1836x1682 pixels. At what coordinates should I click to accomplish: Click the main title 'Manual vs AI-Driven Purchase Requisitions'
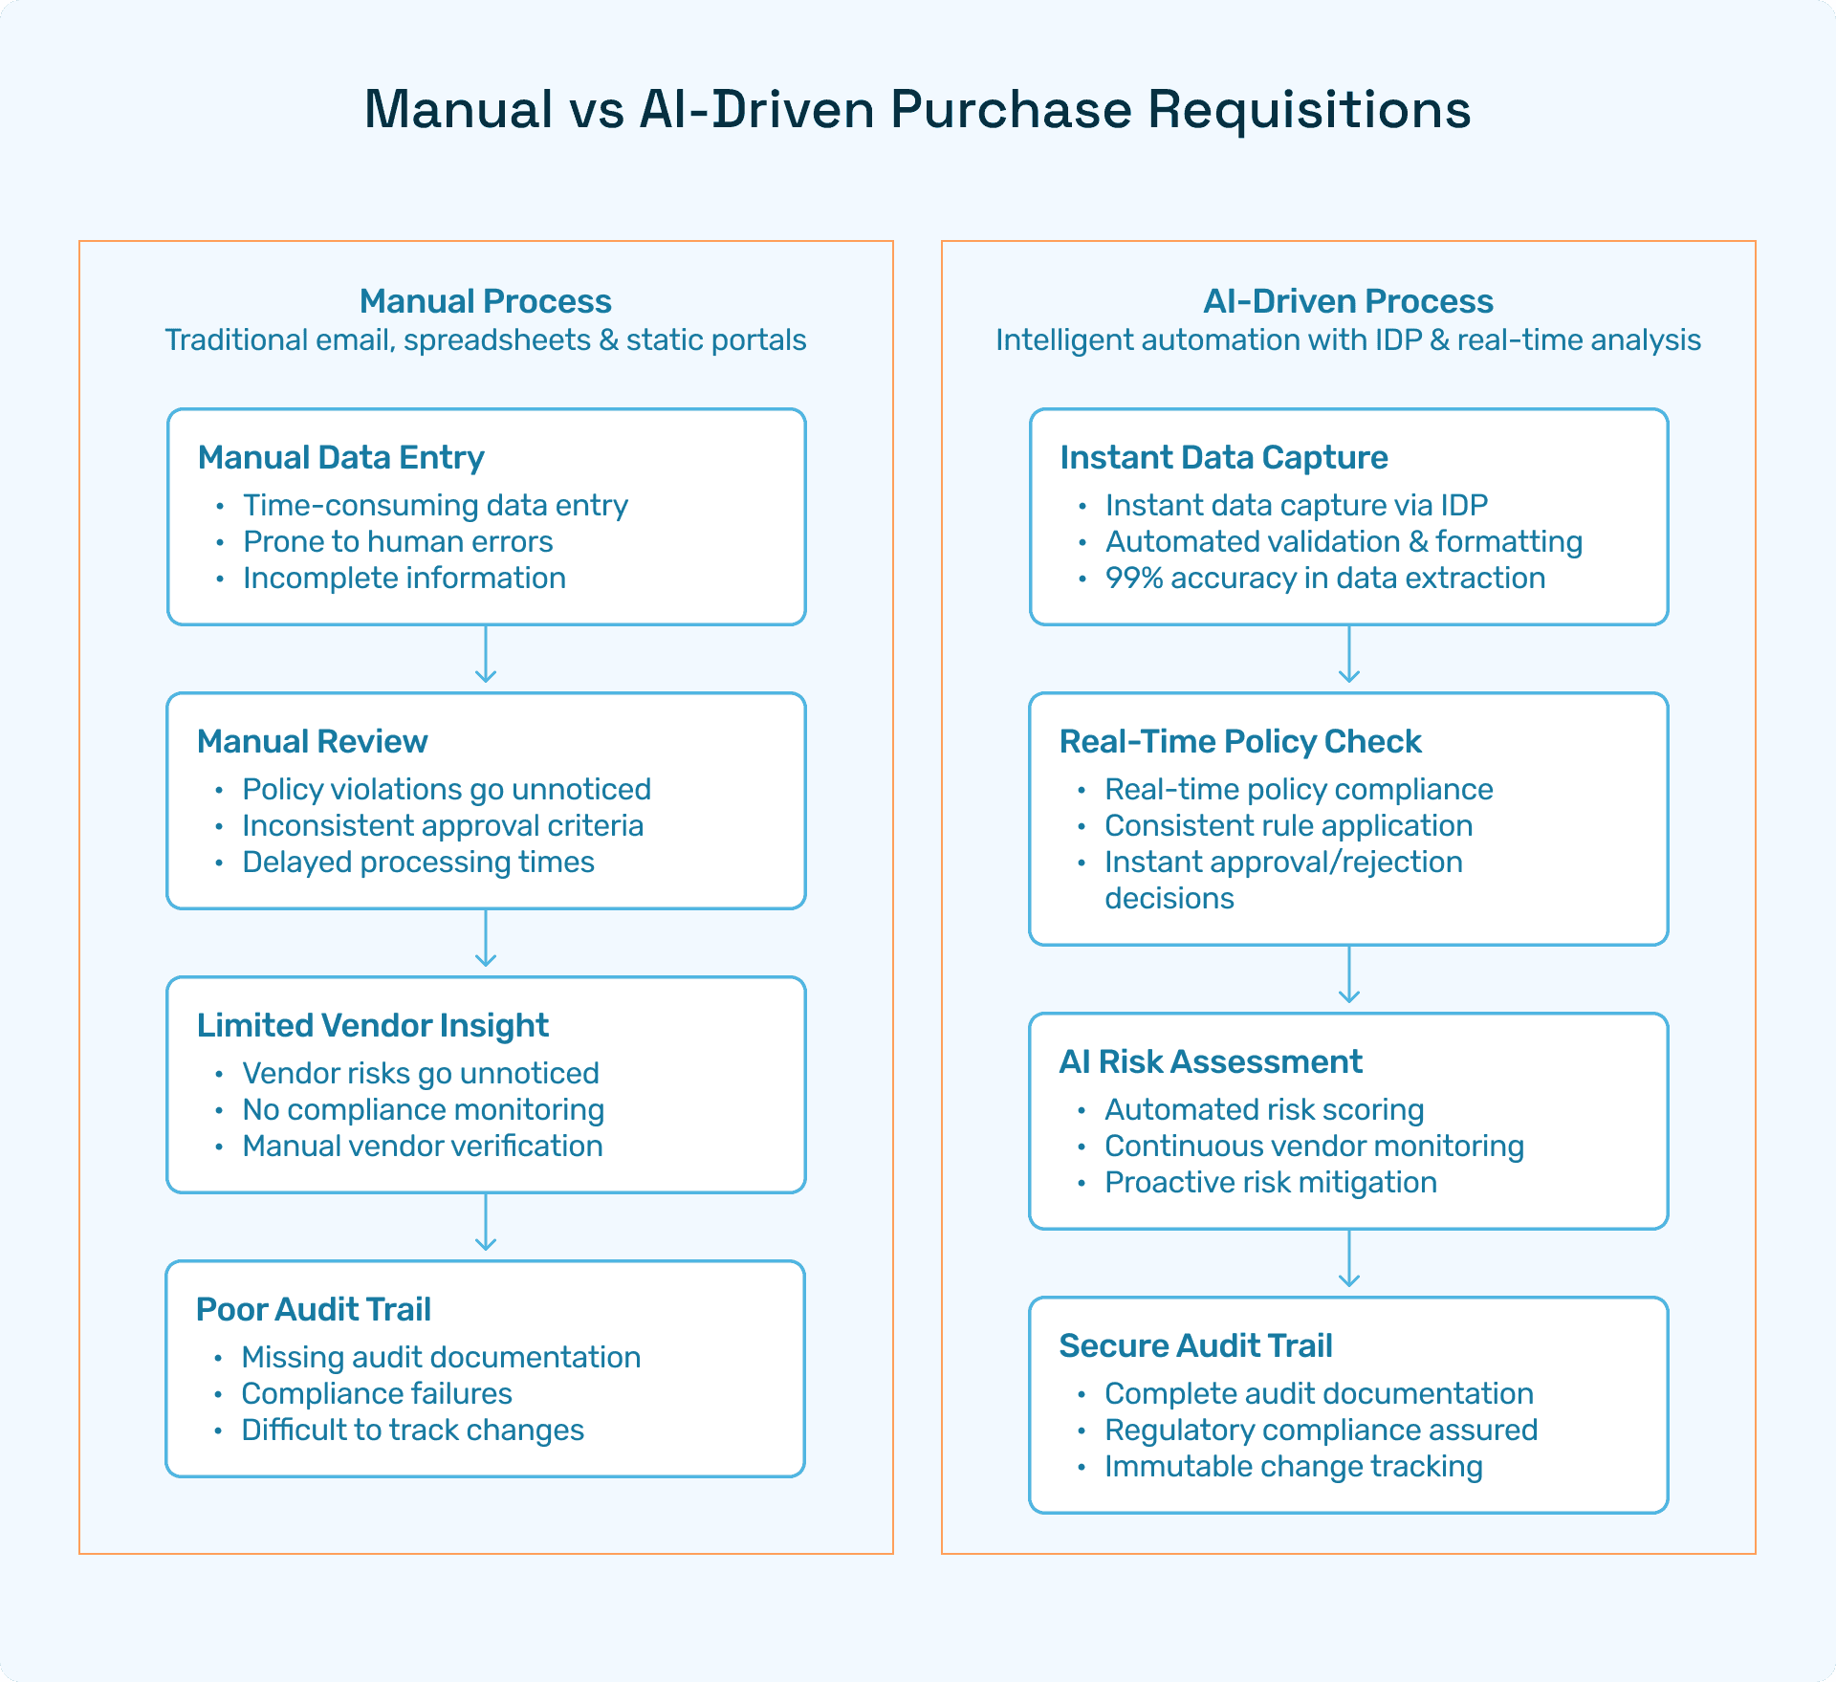click(917, 109)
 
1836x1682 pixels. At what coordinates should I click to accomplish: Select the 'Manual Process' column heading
click(485, 301)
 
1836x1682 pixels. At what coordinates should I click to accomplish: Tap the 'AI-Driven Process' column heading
click(1347, 301)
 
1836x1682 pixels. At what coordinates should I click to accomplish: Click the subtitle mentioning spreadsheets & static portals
click(485, 340)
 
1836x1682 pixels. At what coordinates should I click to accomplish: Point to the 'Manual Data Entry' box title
click(340, 457)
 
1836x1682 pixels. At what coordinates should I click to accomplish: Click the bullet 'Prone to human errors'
click(398, 541)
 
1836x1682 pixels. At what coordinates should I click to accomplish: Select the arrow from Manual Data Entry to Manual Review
click(486, 657)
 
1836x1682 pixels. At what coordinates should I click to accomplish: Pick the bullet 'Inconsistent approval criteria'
click(443, 825)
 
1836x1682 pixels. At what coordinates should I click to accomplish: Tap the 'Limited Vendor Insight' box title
click(372, 1025)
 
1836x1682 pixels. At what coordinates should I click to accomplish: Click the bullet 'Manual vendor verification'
click(423, 1146)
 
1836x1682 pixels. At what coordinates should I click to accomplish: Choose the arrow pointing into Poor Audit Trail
click(486, 1225)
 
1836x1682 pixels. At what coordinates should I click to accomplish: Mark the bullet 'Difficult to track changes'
click(412, 1430)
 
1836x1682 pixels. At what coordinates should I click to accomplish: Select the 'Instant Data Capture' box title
click(1223, 457)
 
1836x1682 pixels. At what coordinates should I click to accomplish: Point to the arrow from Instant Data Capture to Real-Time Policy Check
click(1348, 657)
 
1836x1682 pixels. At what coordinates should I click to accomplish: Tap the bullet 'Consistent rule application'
click(1288, 825)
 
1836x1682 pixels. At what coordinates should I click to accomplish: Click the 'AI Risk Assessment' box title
click(1210, 1061)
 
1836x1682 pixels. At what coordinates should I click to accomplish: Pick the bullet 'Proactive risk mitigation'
click(1270, 1182)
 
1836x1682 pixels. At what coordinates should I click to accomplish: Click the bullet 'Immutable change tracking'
click(1293, 1466)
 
